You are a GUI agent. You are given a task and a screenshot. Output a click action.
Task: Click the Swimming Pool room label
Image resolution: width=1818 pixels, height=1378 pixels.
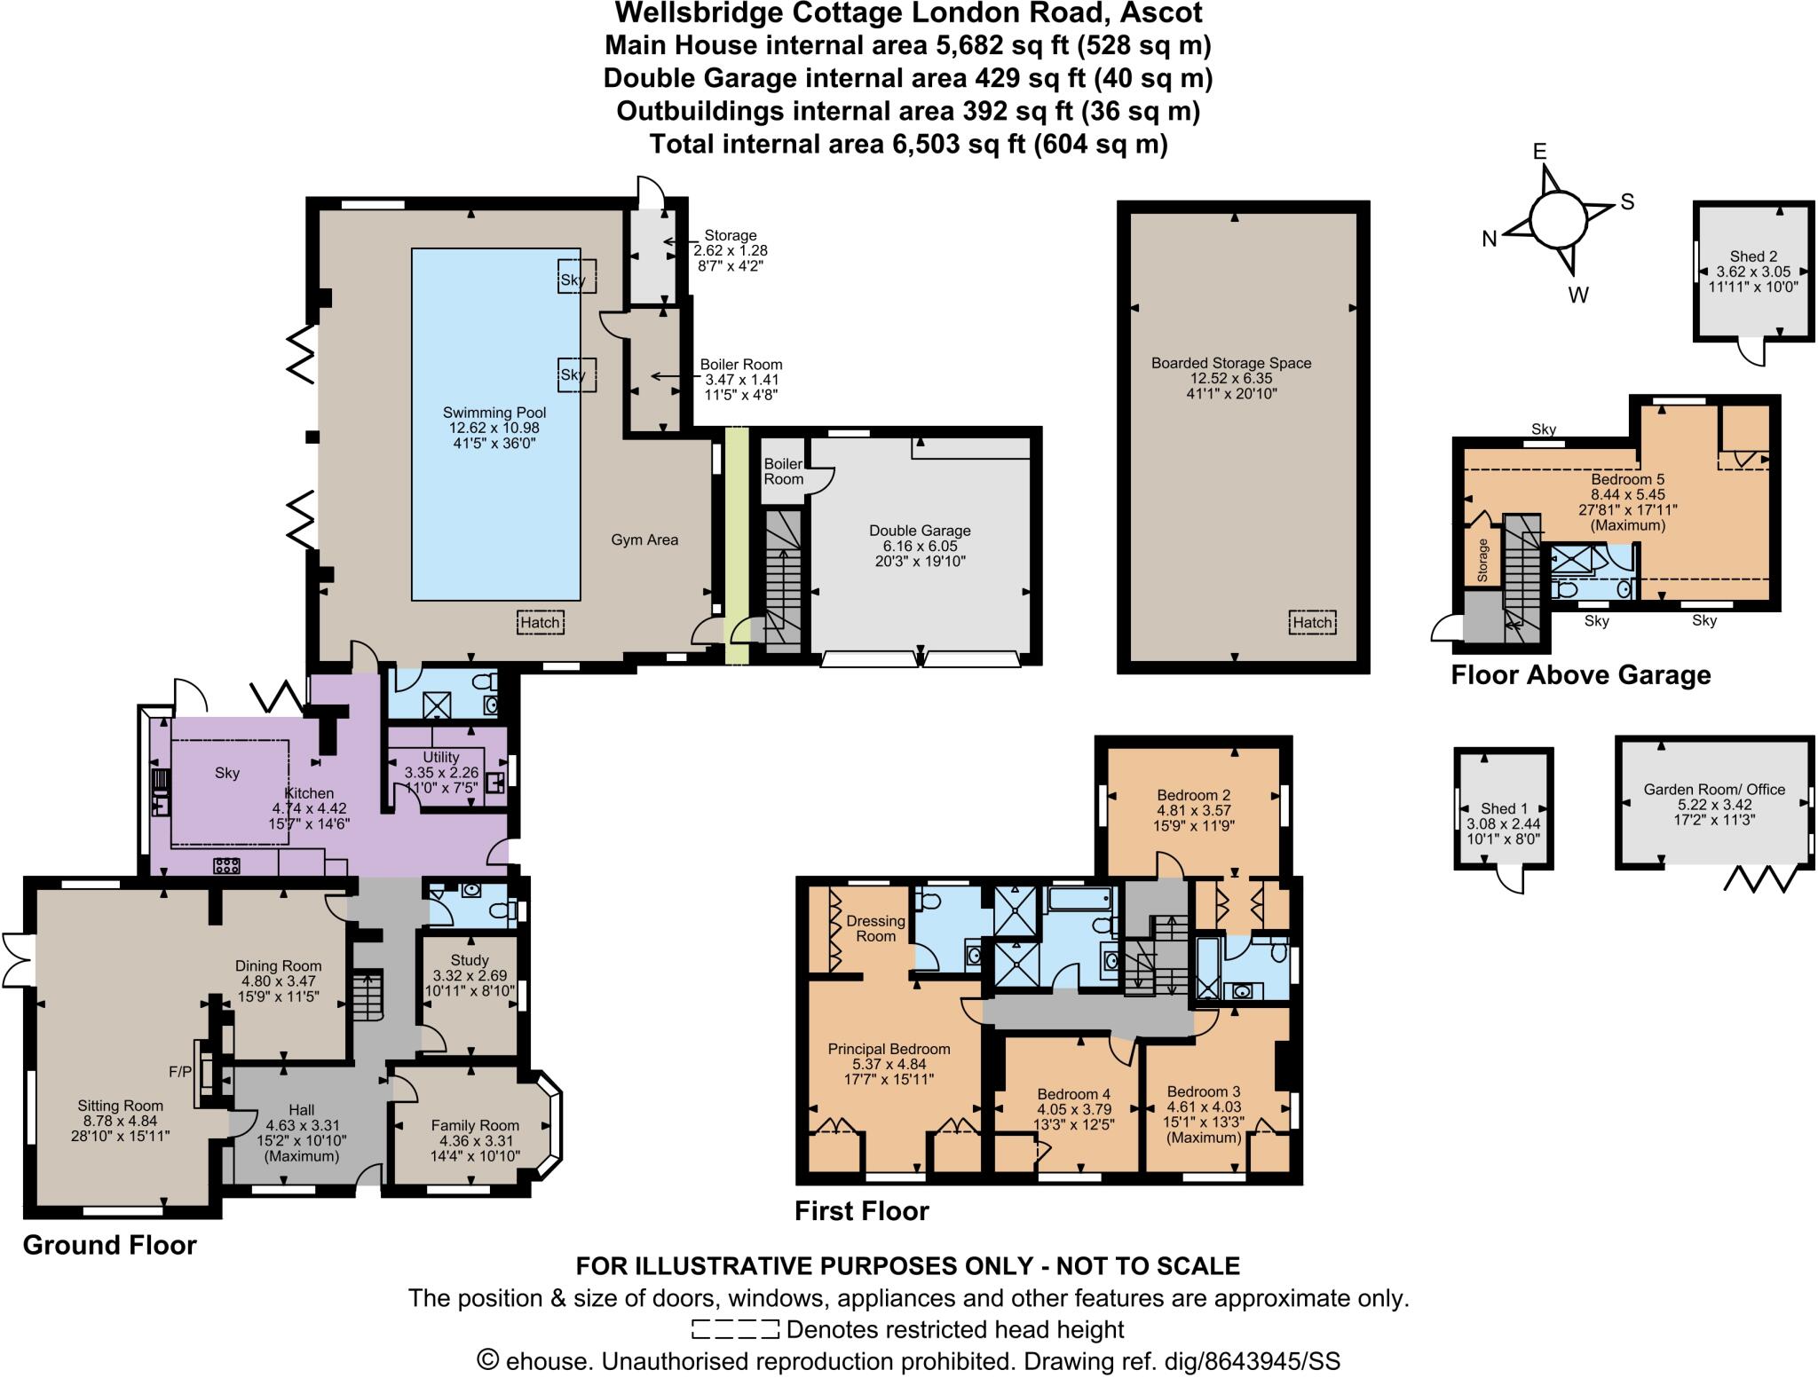494,413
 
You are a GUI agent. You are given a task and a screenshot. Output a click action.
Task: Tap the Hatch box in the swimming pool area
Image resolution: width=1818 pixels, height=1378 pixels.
540,622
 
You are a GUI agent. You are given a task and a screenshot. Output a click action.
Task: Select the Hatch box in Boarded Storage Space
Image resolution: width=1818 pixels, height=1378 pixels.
1312,622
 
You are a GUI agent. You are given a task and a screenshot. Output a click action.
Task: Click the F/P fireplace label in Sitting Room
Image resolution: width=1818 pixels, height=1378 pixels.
180,1072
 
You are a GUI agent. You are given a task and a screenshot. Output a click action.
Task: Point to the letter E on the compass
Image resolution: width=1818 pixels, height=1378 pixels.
1540,152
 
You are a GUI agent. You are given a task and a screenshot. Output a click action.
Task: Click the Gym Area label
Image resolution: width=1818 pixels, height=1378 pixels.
644,539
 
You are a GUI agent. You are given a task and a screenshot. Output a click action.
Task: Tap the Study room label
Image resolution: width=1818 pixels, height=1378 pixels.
470,960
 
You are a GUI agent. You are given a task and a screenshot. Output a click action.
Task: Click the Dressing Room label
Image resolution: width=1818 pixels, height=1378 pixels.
875,928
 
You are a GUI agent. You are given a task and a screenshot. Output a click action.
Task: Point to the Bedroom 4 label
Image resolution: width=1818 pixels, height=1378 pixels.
1074,1094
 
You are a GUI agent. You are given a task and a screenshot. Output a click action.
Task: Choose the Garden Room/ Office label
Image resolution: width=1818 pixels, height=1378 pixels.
1714,789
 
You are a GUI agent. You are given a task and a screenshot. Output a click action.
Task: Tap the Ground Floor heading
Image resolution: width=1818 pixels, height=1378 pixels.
109,1245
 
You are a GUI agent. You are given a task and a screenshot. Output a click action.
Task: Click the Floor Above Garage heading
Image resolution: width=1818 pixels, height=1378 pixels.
1580,675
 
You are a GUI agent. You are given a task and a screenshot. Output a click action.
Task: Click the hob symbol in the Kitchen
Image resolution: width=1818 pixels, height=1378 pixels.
226,865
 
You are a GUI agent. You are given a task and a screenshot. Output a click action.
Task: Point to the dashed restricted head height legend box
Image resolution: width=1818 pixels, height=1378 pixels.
734,1329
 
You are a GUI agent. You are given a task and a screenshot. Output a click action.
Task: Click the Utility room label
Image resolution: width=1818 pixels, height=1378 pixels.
441,757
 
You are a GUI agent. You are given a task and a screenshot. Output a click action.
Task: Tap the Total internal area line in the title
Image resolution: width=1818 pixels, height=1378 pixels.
908,143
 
